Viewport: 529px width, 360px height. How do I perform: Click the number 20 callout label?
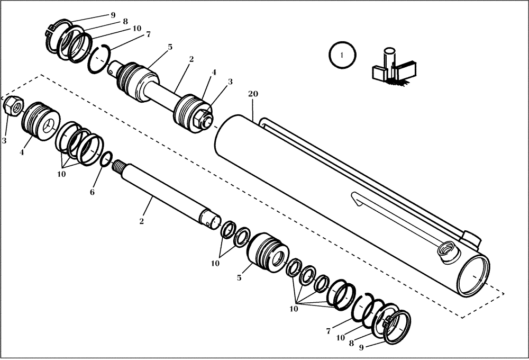pos(253,94)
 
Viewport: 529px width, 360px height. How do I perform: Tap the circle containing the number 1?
pos(342,55)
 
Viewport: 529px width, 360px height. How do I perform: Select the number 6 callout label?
pos(92,192)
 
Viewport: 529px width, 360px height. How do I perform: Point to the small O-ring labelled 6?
pos(106,159)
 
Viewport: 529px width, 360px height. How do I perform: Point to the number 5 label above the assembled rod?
pos(170,47)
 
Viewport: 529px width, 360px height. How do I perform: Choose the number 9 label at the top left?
pos(113,15)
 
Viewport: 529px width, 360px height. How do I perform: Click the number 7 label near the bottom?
pos(328,331)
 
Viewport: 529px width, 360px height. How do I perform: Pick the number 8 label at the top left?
pos(125,22)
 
